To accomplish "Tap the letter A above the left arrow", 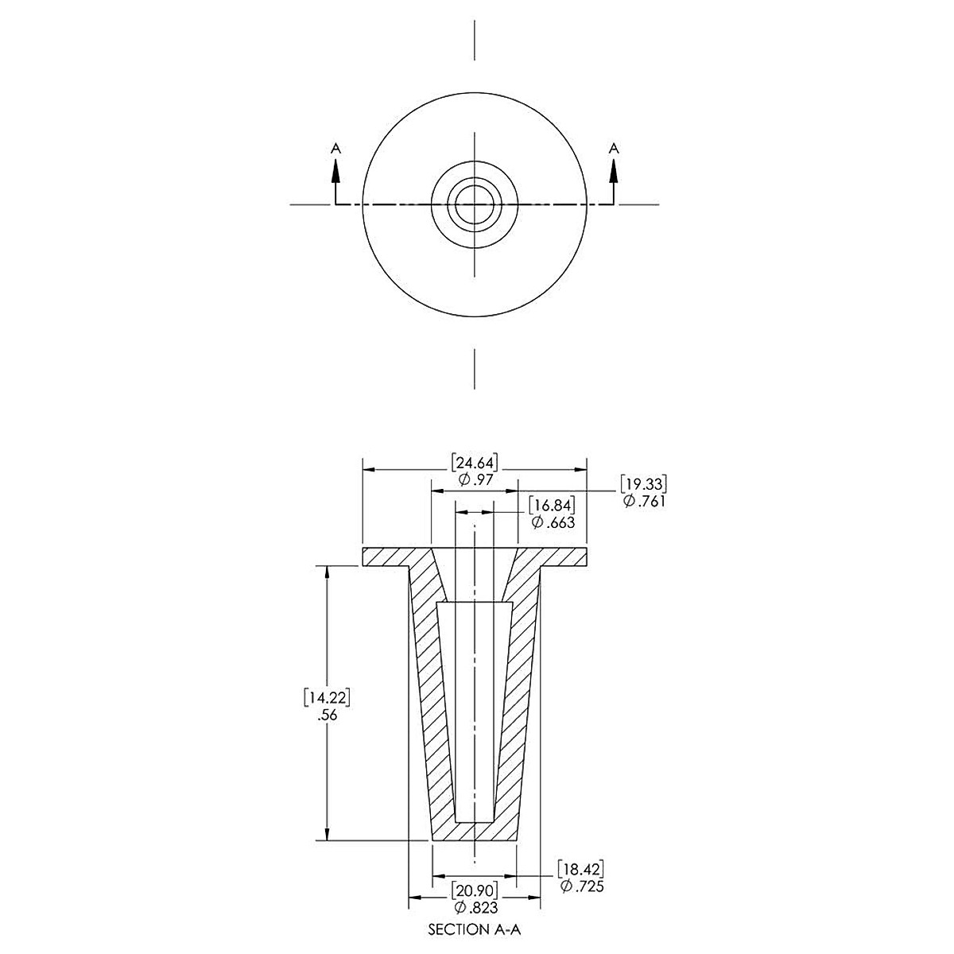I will coord(335,148).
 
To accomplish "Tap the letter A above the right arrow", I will coord(613,148).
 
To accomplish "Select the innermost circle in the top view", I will coord(475,204).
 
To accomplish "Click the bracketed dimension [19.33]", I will coord(643,483).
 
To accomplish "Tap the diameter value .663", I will coord(551,522).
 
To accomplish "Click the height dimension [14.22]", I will coord(328,697).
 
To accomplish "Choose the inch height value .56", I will coord(328,714).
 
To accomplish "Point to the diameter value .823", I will coord(475,907).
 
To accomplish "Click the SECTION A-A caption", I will coord(475,929).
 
